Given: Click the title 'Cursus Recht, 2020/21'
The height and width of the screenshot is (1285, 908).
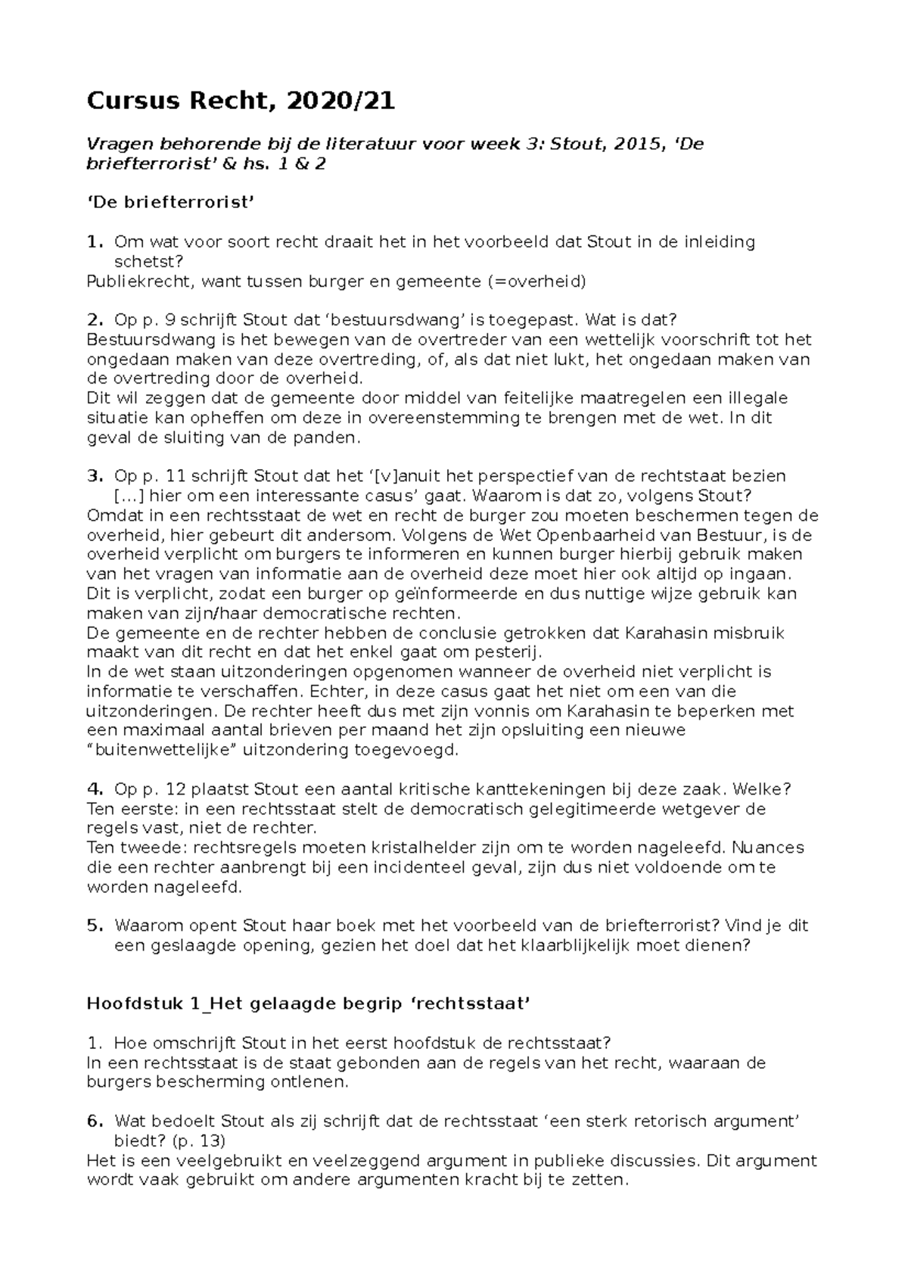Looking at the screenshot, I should (241, 101).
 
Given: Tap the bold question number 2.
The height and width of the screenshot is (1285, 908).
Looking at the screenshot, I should (94, 320).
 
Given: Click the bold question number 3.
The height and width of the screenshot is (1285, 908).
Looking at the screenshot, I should (94, 476).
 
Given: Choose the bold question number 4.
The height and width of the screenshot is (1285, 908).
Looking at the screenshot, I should (94, 789).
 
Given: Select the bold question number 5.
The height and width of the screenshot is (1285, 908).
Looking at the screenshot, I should (94, 926).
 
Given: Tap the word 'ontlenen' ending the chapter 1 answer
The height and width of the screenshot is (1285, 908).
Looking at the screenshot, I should (313, 1082).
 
